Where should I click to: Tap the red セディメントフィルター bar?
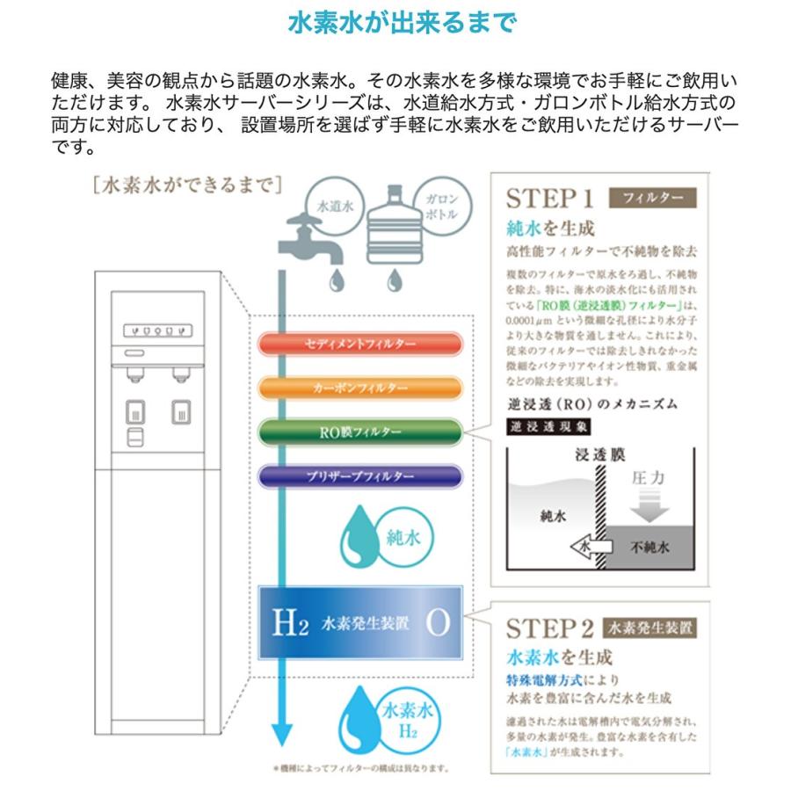click(x=360, y=344)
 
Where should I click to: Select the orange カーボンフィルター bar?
click(x=360, y=388)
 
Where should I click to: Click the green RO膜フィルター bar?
click(x=360, y=432)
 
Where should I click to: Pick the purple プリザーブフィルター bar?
click(x=360, y=476)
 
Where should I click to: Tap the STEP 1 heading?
click(x=551, y=197)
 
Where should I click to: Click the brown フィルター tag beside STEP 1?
click(x=652, y=197)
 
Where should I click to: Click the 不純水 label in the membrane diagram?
click(x=650, y=547)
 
